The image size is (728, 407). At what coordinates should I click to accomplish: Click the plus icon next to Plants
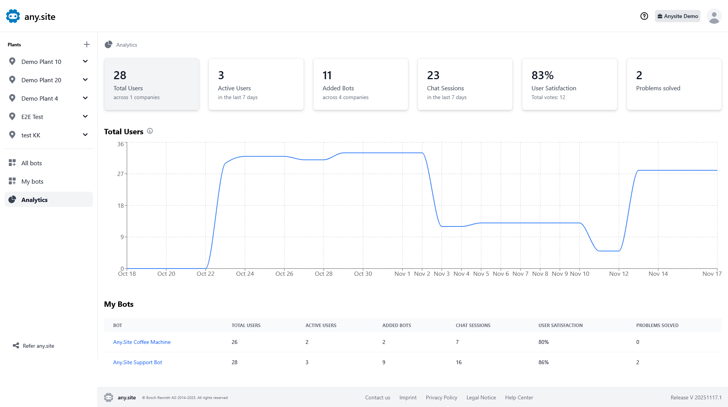click(87, 44)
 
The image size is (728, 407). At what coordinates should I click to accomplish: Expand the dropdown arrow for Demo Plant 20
click(85, 80)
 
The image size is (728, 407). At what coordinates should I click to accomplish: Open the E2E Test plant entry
click(32, 117)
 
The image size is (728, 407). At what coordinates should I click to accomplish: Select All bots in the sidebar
click(31, 163)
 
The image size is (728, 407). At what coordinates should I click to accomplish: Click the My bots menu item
click(32, 181)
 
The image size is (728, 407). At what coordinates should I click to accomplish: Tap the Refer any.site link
click(38, 346)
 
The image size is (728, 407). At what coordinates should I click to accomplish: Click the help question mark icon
click(644, 16)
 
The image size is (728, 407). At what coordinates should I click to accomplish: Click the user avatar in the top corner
click(714, 16)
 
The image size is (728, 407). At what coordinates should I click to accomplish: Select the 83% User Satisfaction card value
click(543, 75)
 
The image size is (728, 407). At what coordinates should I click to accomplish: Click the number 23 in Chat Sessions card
click(433, 75)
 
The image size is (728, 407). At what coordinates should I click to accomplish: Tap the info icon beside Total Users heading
click(150, 131)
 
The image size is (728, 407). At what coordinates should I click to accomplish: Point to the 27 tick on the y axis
click(120, 174)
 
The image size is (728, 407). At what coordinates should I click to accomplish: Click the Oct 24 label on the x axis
click(245, 274)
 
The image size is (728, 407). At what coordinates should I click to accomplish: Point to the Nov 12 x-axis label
click(619, 274)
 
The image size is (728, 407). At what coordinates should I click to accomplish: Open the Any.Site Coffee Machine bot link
click(142, 342)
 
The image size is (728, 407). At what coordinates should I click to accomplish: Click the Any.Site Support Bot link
click(138, 362)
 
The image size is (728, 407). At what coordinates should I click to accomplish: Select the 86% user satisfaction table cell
click(543, 362)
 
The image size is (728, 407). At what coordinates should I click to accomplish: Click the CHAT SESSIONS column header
click(473, 326)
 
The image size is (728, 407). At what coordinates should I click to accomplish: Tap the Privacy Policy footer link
click(441, 397)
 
